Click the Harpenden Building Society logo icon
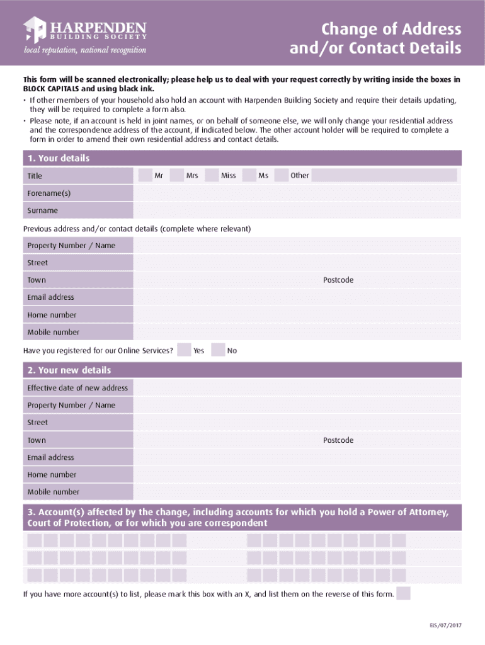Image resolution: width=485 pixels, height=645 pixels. tap(35, 30)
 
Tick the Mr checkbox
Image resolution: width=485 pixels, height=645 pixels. tap(145, 175)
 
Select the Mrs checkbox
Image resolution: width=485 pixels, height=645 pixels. tap(177, 175)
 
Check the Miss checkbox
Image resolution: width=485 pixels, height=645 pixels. tap(212, 175)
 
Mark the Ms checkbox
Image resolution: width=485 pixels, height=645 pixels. tap(249, 175)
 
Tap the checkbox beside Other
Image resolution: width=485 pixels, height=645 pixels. tap(281, 175)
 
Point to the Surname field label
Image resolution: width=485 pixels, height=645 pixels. tap(43, 210)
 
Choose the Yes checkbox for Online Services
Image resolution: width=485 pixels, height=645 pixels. tap(184, 350)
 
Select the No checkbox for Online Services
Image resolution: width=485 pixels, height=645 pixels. tap(218, 350)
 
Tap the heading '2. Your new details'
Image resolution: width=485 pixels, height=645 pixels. tap(69, 370)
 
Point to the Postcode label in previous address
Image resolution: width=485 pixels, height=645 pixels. tap(338, 280)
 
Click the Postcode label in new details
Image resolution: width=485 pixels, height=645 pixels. tap(338, 440)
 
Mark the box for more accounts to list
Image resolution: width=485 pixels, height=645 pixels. tap(404, 593)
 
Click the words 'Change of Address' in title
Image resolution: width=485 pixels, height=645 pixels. tap(391, 30)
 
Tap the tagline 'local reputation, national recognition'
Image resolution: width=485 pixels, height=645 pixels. tap(85, 50)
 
